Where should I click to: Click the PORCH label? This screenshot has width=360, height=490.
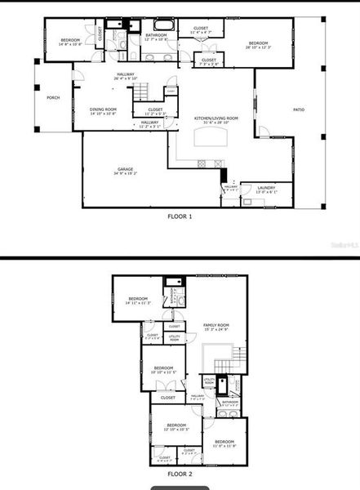tap(53, 97)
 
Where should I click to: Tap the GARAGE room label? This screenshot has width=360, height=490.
tap(125, 169)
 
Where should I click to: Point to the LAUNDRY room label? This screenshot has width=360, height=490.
tap(265, 187)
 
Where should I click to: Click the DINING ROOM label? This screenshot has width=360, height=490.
tap(104, 109)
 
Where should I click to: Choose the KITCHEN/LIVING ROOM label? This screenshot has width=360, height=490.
tap(216, 118)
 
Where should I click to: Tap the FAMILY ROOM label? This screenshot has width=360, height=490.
tap(216, 324)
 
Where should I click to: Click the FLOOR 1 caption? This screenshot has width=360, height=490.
tap(180, 216)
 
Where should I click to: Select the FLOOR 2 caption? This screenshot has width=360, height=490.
tap(180, 473)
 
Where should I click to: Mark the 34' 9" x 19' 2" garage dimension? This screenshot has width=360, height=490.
tap(125, 174)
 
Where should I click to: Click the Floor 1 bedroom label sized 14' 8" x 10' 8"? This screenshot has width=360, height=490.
tap(71, 39)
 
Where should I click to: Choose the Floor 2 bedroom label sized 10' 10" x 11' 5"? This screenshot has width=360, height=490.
tap(163, 367)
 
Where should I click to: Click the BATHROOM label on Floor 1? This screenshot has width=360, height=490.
tap(156, 35)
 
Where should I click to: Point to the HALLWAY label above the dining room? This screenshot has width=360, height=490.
tap(125, 74)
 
